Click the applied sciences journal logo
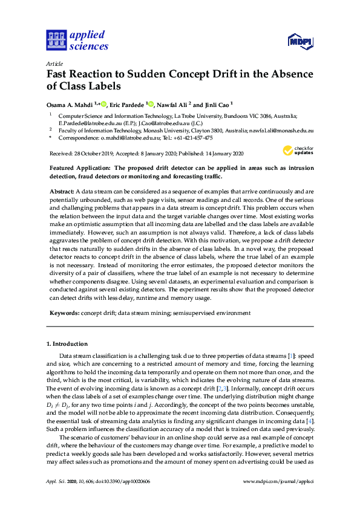pos(77,40)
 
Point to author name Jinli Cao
pos(215,104)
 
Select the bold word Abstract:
pos(62,190)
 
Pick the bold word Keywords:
pos(64,313)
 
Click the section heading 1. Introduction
pos(67,344)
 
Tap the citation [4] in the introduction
pos(310,420)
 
